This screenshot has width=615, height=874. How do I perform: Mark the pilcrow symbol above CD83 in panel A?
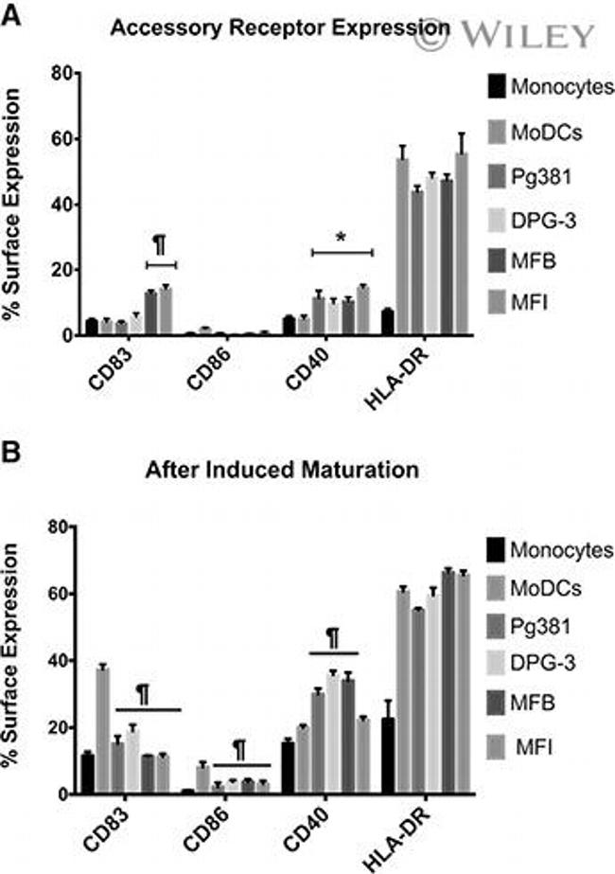(x=160, y=245)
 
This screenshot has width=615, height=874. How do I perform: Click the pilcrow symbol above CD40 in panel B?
(x=333, y=637)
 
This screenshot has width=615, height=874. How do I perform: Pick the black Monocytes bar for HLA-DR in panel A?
(x=387, y=322)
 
